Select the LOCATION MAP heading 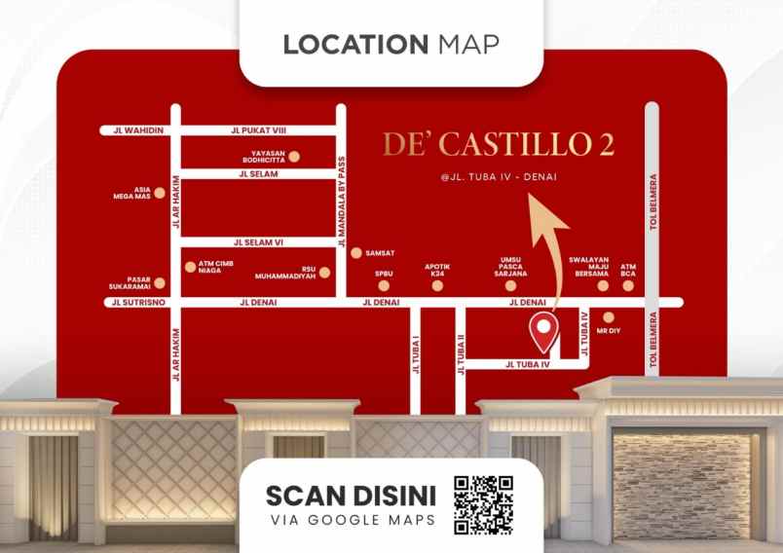[391, 45]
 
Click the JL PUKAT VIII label [258, 129]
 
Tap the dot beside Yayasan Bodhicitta [293, 155]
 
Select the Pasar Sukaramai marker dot [160, 284]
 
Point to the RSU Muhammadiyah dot [325, 273]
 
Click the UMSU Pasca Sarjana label [511, 267]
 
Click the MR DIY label [608, 331]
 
